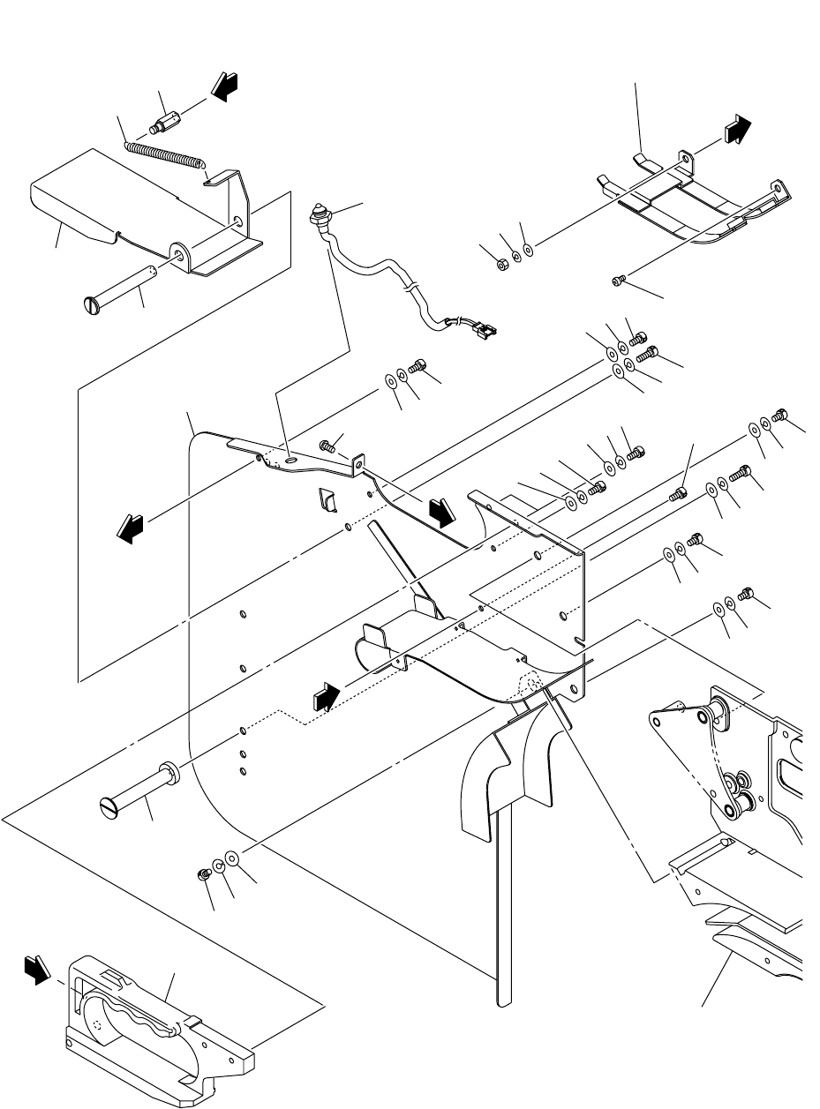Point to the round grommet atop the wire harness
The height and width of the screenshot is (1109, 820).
coord(318,214)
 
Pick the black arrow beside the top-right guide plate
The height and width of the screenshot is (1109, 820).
coord(738,130)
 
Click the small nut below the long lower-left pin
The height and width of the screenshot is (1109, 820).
coord(201,873)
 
